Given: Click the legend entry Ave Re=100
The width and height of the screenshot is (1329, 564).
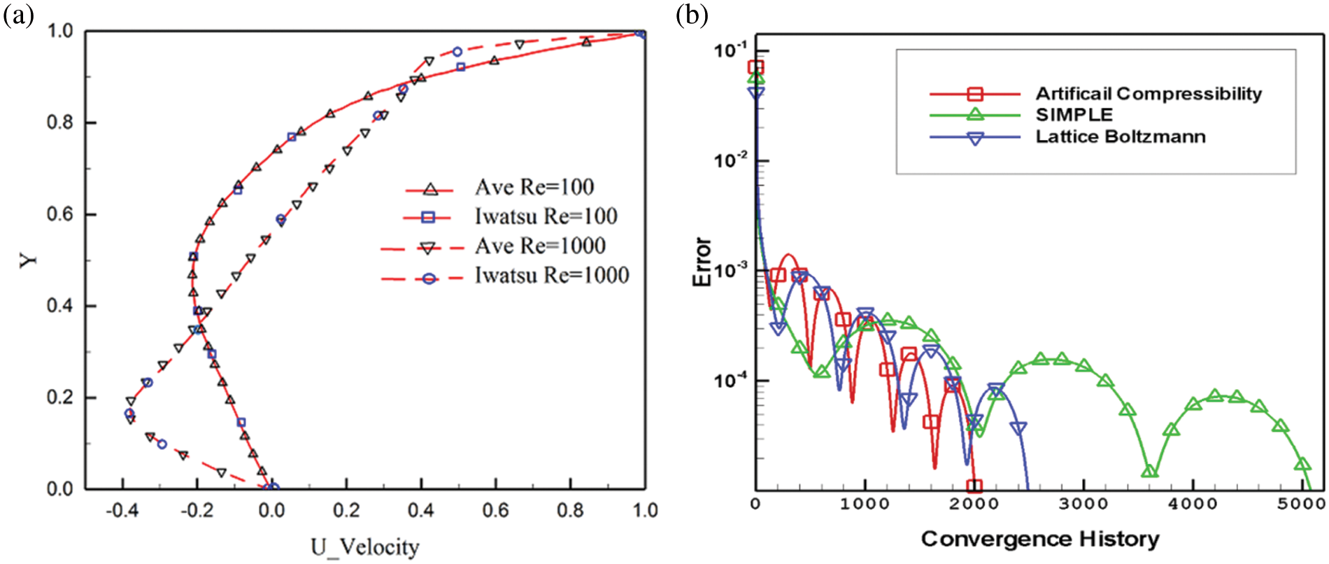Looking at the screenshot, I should pos(534,188).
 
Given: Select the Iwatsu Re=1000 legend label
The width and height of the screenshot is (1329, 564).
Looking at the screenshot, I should pos(551,276).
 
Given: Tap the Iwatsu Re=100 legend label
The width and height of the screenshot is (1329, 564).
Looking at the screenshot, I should pos(546,217).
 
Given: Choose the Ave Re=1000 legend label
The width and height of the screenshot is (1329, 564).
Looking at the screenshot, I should pos(540,246).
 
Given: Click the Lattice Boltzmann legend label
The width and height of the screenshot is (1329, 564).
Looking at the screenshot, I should pos(1121,136).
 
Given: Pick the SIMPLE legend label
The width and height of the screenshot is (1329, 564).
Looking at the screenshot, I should pos(1074,115).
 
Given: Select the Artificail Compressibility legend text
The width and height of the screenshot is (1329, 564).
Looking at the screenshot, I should pos(1149,94).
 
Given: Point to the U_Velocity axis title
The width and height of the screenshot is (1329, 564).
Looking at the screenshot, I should pos(365,547).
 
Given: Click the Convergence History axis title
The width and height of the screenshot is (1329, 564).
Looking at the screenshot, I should pos(1040,539).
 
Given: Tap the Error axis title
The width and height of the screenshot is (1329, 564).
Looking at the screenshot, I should pos(702,262).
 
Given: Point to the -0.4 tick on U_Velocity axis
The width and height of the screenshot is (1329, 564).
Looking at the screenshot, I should pos(122,511).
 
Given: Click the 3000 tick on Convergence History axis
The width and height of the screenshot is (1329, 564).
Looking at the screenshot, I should pos(1083,504).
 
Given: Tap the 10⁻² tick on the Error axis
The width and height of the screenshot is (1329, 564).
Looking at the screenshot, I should pos(731,160).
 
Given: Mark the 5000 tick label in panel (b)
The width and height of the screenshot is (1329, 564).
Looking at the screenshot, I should pos(1302,504).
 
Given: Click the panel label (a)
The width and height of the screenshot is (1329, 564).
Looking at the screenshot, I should pos(18,15).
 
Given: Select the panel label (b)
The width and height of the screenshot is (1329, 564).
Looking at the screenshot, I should pos(692,15).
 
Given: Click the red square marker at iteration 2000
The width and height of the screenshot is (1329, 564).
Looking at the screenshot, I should pos(974,486).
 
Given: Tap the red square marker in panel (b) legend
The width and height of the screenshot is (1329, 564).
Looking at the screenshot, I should pos(975,94).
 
